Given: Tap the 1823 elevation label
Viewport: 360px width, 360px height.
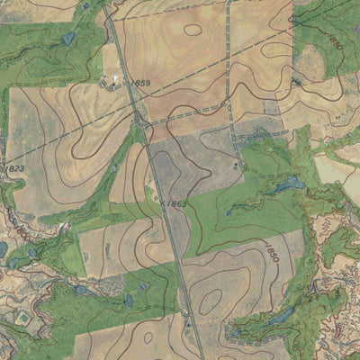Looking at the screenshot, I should pos(15,167).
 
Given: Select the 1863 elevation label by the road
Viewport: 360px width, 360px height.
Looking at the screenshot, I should pos(176,204).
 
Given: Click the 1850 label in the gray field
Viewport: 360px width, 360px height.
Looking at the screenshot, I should pos(272,251).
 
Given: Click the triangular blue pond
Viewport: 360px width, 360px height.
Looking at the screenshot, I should pos(68,39).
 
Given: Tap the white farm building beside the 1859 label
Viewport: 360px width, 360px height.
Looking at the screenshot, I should pos(114,81).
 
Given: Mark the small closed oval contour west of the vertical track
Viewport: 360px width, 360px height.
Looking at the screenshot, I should pos(193,29).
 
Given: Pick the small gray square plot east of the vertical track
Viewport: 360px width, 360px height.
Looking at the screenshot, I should pos(270,106).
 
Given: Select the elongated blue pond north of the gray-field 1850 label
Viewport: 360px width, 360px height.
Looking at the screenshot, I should pos(290,184).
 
